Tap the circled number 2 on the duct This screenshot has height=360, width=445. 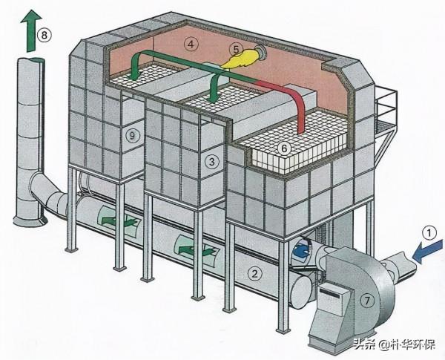(255, 274)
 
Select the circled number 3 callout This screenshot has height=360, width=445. (212, 161)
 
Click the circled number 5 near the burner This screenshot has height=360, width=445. (236, 49)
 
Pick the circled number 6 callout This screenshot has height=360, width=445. (283, 148)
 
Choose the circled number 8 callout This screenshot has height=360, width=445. (46, 35)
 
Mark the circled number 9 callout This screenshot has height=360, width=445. (132, 135)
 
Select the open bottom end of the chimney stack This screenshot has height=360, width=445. (30, 218)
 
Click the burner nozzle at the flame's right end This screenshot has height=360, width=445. (260, 54)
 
